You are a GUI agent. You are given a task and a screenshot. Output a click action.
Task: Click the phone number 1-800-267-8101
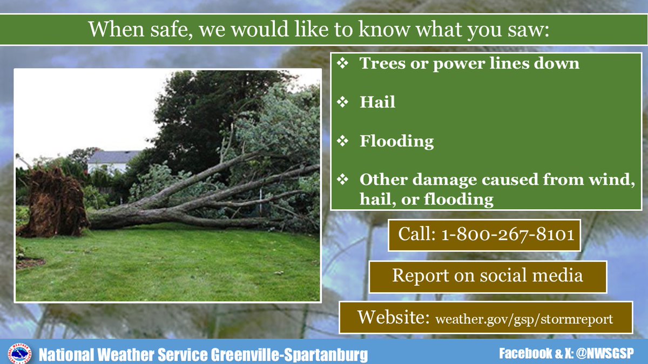tap(508, 235)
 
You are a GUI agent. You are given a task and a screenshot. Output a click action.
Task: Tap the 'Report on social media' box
tap(488, 276)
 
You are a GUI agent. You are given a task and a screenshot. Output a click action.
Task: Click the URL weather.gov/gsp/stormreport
tap(524, 319)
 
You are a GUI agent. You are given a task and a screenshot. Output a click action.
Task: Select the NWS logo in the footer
tap(19, 354)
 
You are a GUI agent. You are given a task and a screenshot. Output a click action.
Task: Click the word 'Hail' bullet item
tap(377, 102)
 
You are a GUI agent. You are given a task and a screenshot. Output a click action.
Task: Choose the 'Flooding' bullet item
tap(396, 141)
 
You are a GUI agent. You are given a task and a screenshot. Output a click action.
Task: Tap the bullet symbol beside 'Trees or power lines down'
tap(343, 63)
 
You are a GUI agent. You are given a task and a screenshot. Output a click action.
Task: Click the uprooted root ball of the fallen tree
tap(52, 202)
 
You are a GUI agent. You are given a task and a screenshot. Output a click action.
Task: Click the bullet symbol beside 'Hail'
tap(343, 102)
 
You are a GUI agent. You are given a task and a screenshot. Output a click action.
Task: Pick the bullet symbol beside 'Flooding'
tap(343, 141)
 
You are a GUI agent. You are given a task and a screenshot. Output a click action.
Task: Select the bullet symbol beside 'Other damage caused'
tap(343, 180)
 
